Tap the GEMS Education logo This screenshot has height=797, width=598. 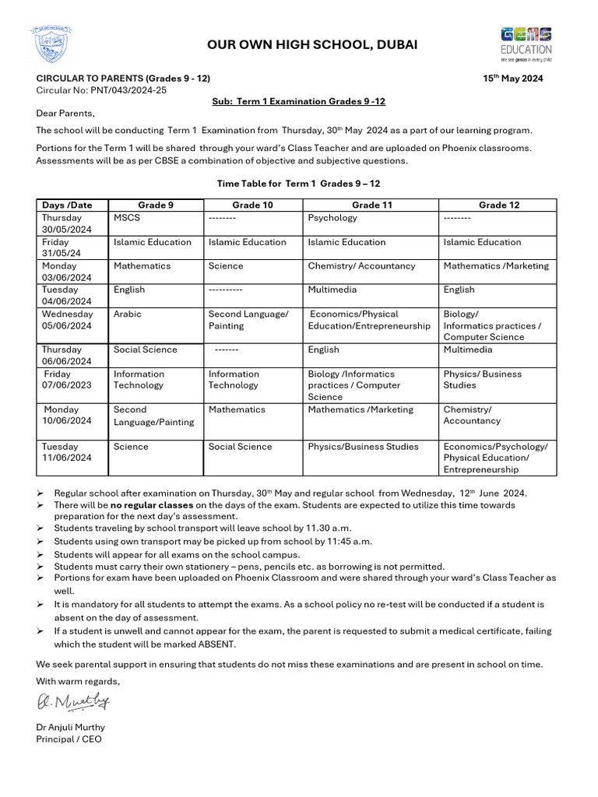click(x=526, y=43)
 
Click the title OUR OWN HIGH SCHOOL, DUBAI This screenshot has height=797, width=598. click(x=311, y=45)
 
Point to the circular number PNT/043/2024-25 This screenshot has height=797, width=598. click(x=129, y=90)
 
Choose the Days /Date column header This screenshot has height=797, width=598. click(x=68, y=205)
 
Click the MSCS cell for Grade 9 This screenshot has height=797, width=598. click(x=127, y=218)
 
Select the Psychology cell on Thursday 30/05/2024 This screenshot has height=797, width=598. click(x=332, y=218)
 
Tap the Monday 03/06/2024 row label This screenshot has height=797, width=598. click(x=67, y=272)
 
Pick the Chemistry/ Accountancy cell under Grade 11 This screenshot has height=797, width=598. click(x=361, y=266)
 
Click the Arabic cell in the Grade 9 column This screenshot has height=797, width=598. click(x=128, y=314)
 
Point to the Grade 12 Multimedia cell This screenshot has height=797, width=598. click(x=470, y=349)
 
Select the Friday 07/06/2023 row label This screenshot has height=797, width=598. click(x=68, y=379)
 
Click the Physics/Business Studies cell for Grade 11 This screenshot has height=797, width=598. click(x=363, y=447)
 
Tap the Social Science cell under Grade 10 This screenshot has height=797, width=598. click(x=240, y=447)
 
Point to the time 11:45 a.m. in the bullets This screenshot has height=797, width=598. click(x=346, y=541)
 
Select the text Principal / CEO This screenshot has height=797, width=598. click(x=69, y=739)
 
